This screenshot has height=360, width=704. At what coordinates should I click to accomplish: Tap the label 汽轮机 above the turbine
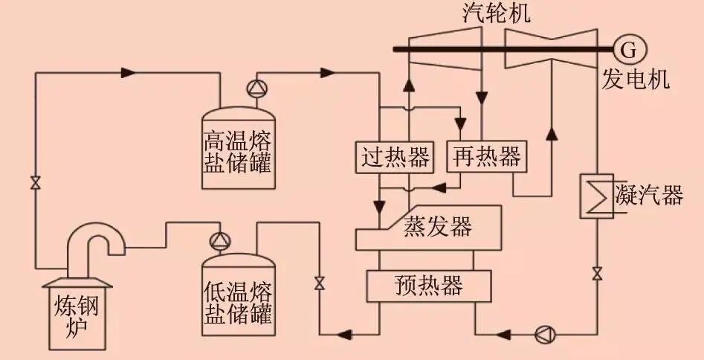496,13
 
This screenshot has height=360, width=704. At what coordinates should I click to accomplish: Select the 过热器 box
395,157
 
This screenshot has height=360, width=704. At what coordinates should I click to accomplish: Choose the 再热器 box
486,156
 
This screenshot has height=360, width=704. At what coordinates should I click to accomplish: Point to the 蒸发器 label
438,227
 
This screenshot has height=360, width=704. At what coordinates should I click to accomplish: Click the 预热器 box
429,286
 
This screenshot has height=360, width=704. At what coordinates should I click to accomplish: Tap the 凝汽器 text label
649,196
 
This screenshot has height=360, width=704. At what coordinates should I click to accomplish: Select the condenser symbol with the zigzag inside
597,196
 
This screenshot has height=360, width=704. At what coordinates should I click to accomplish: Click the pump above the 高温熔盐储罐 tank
256,88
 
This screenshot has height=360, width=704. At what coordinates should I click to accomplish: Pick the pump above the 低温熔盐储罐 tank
220,242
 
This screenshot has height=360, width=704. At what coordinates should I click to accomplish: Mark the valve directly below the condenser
597,273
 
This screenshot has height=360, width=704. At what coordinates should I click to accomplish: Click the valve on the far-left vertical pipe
36,183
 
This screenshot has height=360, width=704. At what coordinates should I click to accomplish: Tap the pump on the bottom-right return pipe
545,335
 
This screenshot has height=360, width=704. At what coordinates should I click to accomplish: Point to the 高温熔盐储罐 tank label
238,152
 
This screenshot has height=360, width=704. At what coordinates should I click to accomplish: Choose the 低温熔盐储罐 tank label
238,303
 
